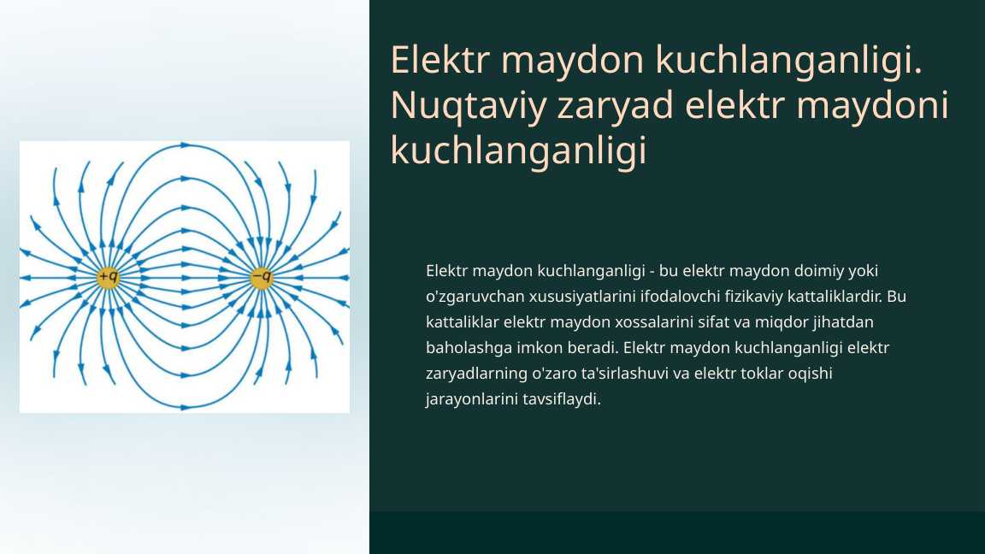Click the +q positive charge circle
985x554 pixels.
coord(108,278)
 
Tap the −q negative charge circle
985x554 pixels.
coord(261,278)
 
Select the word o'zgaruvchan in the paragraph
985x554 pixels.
coord(469,297)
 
